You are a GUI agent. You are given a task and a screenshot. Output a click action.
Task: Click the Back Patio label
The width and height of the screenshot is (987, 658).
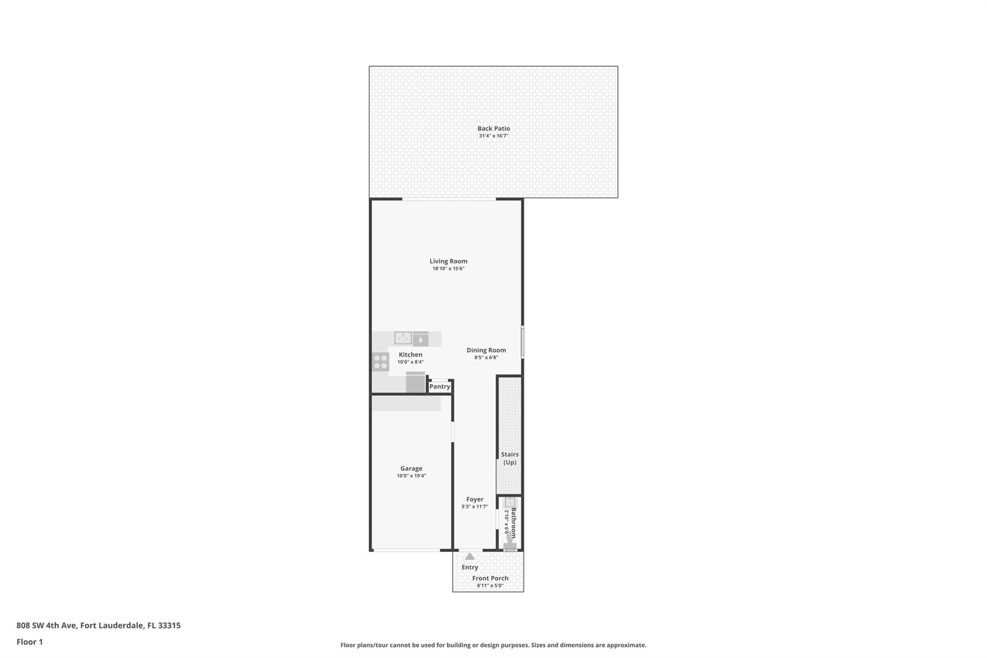tap(493, 128)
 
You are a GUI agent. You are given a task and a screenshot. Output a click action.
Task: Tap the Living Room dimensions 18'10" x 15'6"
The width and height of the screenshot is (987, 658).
tap(448, 269)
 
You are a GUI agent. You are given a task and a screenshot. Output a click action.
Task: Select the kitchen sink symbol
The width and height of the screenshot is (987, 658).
tap(403, 337)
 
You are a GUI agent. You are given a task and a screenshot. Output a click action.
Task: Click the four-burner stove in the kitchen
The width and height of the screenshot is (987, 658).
tap(381, 362)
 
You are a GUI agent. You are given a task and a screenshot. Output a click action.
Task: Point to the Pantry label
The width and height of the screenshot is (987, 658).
tap(440, 387)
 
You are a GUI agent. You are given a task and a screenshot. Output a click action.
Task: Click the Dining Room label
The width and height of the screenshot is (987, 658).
tap(486, 350)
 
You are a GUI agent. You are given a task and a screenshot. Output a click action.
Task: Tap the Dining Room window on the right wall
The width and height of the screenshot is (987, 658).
tap(522, 342)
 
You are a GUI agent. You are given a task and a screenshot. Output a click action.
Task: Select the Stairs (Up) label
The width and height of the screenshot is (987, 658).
tap(510, 458)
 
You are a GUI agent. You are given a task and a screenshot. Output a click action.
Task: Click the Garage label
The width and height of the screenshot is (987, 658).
tap(411, 468)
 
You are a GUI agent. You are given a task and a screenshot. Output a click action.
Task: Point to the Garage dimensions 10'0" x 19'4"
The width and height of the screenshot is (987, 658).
tap(411, 476)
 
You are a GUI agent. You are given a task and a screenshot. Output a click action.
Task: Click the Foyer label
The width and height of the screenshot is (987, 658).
tap(475, 499)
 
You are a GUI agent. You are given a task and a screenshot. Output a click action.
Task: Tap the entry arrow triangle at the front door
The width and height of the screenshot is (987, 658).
tap(469, 556)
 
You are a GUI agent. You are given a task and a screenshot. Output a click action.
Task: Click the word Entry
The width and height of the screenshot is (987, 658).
tap(469, 567)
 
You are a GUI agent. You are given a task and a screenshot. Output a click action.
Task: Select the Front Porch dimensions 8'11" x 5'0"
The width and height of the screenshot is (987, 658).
tap(490, 586)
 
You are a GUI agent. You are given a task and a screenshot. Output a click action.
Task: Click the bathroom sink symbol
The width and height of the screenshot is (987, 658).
tap(510, 502)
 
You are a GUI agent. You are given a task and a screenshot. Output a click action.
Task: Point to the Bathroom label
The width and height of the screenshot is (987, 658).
tap(514, 523)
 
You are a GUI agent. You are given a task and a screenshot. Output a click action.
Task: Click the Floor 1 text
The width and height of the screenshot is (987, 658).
tap(29, 642)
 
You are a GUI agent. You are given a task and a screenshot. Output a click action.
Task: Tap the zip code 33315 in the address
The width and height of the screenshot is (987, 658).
tap(169, 625)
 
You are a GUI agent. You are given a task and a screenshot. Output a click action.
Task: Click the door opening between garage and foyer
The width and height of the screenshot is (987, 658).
tap(453, 432)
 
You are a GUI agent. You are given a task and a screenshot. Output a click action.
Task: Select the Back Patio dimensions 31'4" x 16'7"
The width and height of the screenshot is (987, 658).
tap(493, 136)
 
